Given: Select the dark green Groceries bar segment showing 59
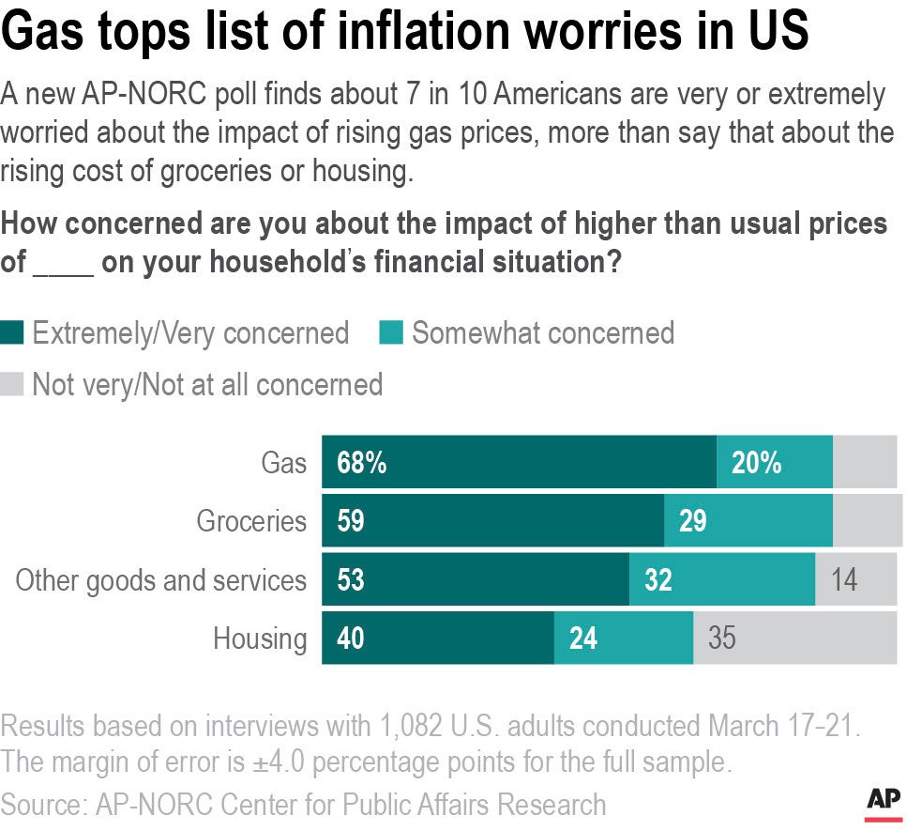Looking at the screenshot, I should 492,521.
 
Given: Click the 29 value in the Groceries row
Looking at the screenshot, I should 692,521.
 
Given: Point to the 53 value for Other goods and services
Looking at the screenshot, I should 350,580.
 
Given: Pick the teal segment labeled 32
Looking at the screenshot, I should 658,580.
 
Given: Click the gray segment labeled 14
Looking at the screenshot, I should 844,580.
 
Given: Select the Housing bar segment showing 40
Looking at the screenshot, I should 350,639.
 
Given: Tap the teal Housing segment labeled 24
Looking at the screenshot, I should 583,639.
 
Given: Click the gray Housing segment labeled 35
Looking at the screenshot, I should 722,639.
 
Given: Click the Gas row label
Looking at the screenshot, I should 283,463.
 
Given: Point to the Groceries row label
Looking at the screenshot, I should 250,521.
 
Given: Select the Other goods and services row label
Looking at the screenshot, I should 160,580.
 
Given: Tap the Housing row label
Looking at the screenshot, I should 260,639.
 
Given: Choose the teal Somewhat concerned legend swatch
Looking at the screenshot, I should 392,333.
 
